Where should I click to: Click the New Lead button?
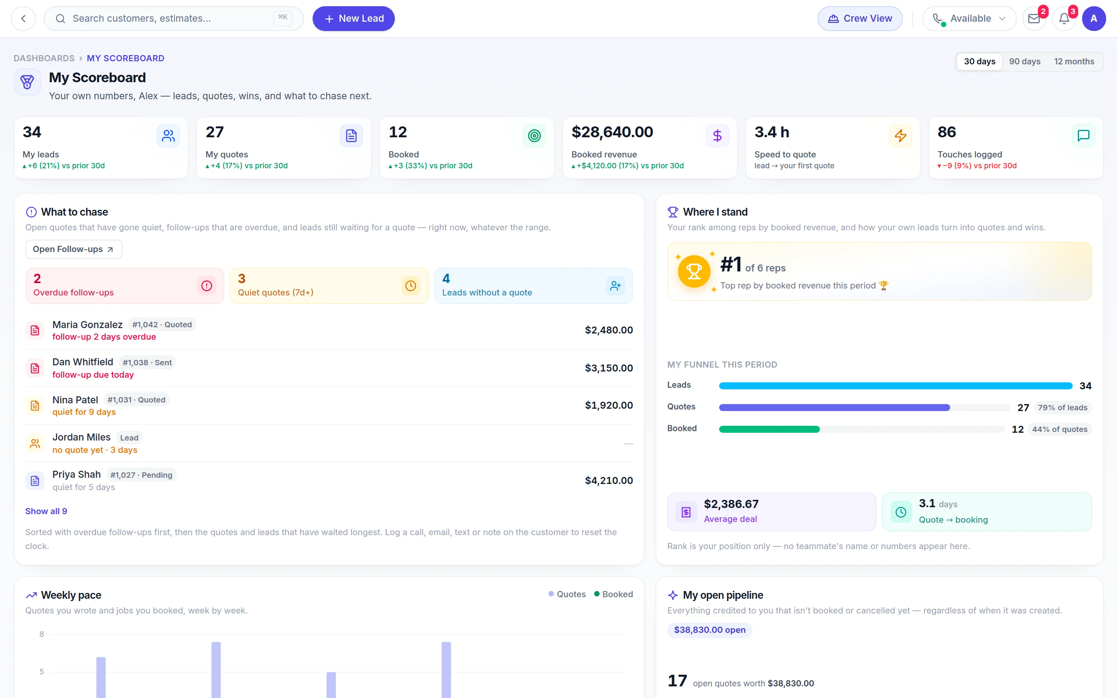(354, 19)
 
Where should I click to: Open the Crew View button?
(860, 19)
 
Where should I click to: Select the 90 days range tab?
(1025, 61)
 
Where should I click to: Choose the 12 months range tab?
(1074, 61)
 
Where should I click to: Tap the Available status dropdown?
(969, 19)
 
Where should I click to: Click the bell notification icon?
(1064, 19)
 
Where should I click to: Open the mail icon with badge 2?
(1034, 19)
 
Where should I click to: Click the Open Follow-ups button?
(74, 249)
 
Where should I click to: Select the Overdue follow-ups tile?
(124, 286)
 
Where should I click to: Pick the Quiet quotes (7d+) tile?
(329, 286)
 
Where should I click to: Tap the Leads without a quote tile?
(534, 286)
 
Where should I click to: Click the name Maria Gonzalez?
(87, 325)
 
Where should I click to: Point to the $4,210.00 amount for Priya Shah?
(609, 480)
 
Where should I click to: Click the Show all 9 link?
(46, 511)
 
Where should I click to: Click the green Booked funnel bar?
(769, 429)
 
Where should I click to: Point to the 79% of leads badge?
(1063, 408)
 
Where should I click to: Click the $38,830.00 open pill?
(709, 630)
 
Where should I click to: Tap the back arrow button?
(23, 19)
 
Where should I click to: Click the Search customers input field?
(173, 19)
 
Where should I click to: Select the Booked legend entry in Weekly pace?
(614, 594)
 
